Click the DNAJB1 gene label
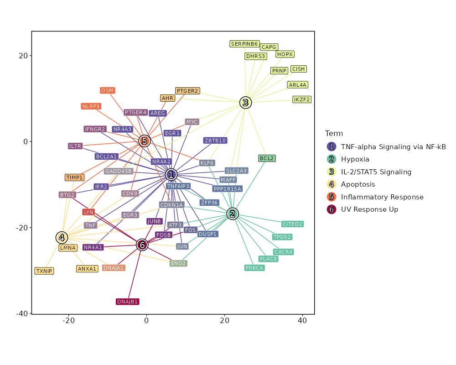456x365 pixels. click(127, 302)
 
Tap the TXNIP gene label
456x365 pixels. click(44, 271)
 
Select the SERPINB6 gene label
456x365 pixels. click(244, 44)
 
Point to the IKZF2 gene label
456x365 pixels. click(302, 99)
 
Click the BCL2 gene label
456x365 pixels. click(267, 158)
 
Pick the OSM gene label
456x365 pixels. click(108, 90)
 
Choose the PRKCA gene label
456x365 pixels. click(254, 268)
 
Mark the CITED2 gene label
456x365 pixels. click(292, 224)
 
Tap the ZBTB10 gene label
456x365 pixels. click(215, 141)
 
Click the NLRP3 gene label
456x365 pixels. click(91, 106)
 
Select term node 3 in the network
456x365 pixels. click(245, 103)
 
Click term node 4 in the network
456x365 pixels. click(62, 238)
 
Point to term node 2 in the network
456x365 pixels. click(233, 214)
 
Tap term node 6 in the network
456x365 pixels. click(142, 245)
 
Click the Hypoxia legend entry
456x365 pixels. click(355, 159)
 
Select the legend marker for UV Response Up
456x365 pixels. click(332, 209)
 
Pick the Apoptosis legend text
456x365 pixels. click(358, 184)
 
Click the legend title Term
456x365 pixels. click(334, 133)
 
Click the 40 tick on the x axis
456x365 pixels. click(302, 321)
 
